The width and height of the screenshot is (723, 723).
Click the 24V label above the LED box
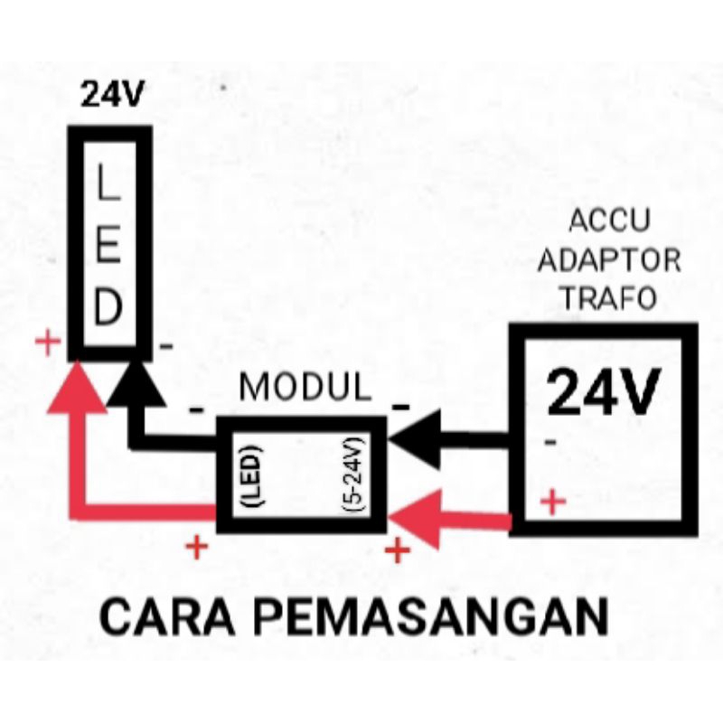[112, 94]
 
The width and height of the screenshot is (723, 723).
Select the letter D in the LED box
[108, 308]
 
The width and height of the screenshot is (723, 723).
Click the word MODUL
[305, 388]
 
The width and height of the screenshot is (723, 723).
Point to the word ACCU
[611, 222]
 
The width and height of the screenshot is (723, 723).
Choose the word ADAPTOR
[611, 261]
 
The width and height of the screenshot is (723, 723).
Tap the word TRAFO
[611, 298]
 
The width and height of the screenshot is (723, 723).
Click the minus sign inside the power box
[550, 443]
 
